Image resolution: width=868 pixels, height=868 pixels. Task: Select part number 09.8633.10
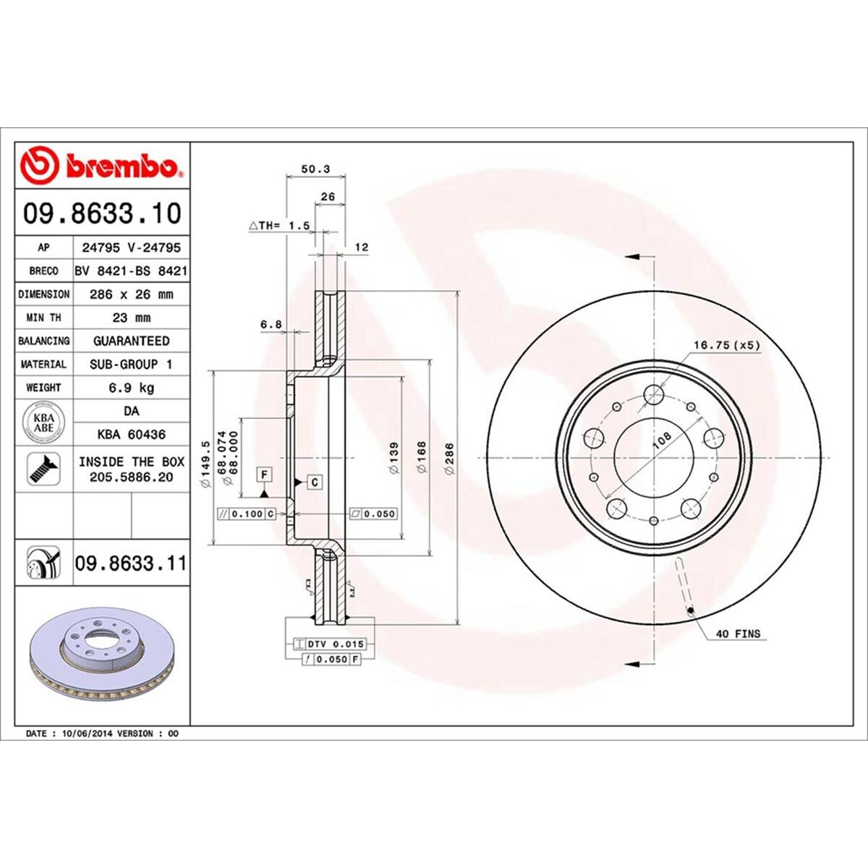click(x=102, y=214)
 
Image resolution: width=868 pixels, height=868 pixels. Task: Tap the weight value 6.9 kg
click(x=131, y=388)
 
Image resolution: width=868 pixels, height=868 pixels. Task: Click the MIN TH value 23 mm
click(x=131, y=318)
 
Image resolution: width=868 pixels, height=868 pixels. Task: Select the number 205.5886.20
click(x=131, y=477)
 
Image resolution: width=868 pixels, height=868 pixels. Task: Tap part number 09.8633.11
click(x=130, y=563)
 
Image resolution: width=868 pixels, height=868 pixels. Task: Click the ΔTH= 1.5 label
click(x=280, y=226)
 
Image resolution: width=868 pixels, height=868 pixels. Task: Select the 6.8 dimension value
click(x=271, y=325)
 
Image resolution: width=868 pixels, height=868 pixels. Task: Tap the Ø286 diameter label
click(x=448, y=459)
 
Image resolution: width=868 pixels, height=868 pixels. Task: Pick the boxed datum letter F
click(x=265, y=475)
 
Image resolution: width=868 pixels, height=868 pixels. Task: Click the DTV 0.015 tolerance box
click(x=331, y=644)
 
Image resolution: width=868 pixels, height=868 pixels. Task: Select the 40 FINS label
click(x=738, y=634)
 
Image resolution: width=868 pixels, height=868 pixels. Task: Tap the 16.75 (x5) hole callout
click(x=727, y=345)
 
